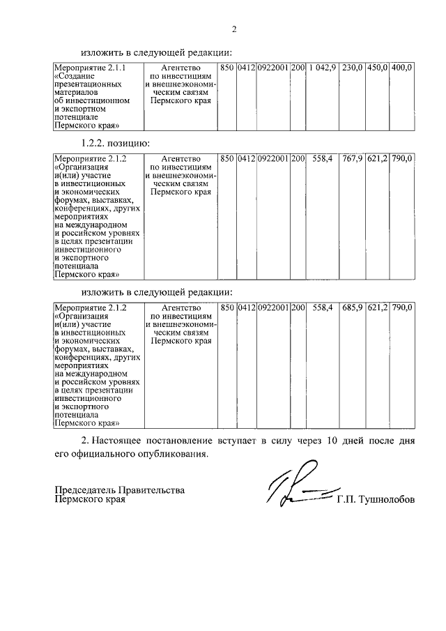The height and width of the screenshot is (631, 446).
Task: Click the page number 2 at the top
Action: (235, 29)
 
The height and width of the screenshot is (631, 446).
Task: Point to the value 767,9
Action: (353, 158)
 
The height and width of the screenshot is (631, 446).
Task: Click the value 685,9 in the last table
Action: (353, 307)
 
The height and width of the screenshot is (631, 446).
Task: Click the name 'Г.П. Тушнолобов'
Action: (375, 500)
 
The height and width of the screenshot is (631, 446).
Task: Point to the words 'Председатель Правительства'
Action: (120, 490)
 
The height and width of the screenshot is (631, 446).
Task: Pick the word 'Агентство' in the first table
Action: (180, 67)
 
